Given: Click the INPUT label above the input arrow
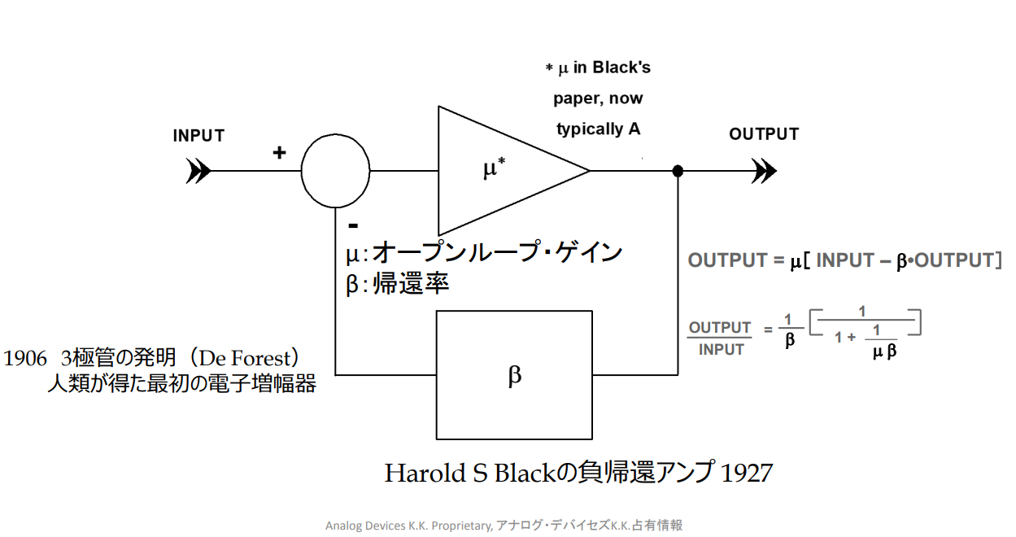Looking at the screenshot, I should tap(198, 136).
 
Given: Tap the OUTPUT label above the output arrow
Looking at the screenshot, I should tap(764, 134).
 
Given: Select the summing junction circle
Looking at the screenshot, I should tap(335, 172).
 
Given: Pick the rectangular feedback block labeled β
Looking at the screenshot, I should tap(514, 375).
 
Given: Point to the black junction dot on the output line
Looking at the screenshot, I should tap(678, 171).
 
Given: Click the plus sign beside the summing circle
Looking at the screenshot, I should tap(279, 152).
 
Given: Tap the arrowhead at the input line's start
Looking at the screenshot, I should tap(198, 171).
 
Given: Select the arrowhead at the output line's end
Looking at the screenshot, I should tap(764, 171).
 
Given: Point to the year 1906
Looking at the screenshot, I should tap(25, 358).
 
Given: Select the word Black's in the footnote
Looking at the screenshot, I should tap(621, 68).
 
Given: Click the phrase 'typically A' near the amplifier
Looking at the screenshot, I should tap(598, 129).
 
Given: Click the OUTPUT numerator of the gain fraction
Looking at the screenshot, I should tap(720, 328).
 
